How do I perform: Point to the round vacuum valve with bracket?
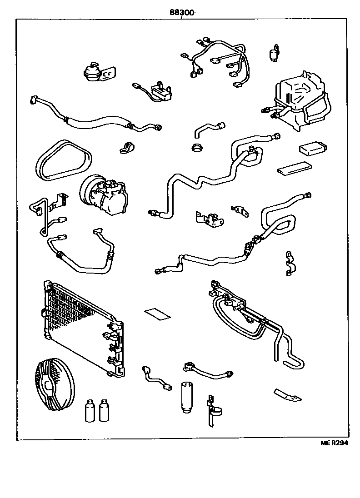pyautogui.click(x=93, y=72)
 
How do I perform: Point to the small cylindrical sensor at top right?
pyautogui.click(x=275, y=54)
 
